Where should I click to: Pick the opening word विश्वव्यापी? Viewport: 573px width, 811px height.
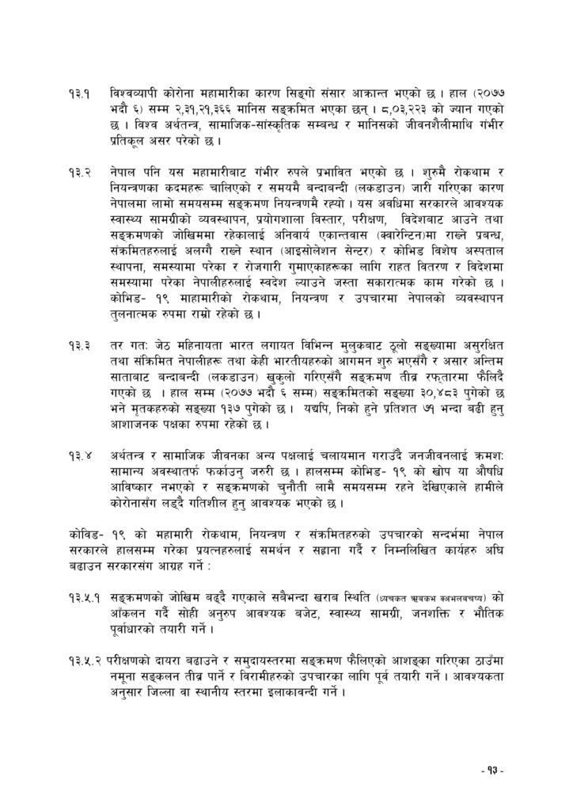point(133,94)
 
